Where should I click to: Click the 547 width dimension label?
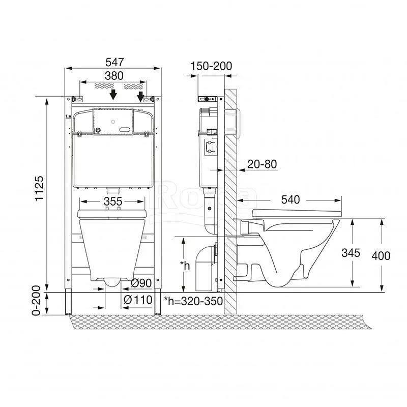tap(114, 62)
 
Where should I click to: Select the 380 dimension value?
tap(114, 76)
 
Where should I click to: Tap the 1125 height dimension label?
tap(40, 189)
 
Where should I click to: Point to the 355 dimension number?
tap(113, 201)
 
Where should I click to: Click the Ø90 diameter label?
tap(141, 283)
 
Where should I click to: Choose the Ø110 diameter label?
tap(138, 300)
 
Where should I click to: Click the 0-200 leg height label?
tap(36, 300)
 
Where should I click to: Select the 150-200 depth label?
tap(211, 66)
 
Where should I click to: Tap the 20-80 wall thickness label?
tap(262, 164)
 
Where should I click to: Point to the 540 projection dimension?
tap(290, 199)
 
